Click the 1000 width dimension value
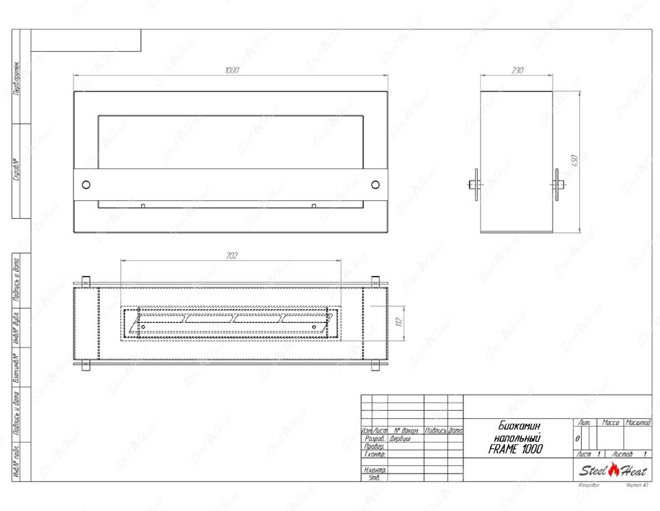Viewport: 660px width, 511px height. tap(232, 70)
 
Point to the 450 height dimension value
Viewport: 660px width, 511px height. tap(575, 161)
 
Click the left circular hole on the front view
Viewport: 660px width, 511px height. tap(86, 185)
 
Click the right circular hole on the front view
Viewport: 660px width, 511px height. tap(375, 185)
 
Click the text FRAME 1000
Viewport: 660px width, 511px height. tap(516, 449)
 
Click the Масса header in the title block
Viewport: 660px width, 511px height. tap(610, 423)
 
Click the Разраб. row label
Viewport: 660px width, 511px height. tap(375, 439)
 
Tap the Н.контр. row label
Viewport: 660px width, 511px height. tap(375, 470)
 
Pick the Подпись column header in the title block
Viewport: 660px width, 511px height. tap(435, 431)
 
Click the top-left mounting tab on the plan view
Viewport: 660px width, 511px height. tap(86, 281)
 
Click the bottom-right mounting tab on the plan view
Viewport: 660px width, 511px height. tap(375, 365)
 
